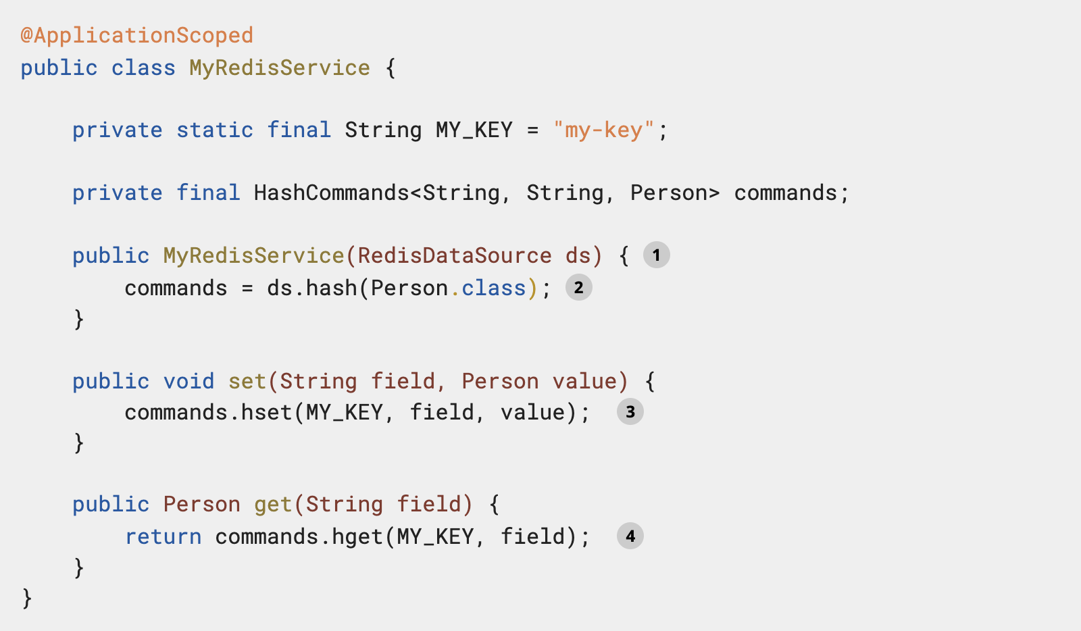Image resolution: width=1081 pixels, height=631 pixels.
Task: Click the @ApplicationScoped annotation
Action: pyautogui.click(x=136, y=35)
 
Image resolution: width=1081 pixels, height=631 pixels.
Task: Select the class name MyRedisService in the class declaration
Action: pyautogui.click(x=279, y=68)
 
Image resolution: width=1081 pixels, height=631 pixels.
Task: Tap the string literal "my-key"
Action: pyautogui.click(x=603, y=130)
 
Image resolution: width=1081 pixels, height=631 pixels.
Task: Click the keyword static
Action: pyautogui.click(x=215, y=130)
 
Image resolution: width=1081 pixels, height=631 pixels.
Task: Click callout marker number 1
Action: pyautogui.click(x=656, y=255)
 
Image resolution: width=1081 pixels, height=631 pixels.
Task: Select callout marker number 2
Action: pyautogui.click(x=578, y=288)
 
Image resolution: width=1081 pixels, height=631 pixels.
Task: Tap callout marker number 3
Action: pyautogui.click(x=630, y=412)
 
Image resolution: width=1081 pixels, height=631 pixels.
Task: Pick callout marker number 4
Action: pyautogui.click(x=630, y=536)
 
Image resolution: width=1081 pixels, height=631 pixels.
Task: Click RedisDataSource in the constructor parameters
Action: pyautogui.click(x=454, y=255)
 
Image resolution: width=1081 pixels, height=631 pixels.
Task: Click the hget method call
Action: pyautogui.click(x=357, y=536)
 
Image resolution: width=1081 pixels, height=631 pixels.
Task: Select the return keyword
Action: pyautogui.click(x=163, y=536)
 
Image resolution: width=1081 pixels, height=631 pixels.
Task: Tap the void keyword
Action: pyautogui.click(x=188, y=381)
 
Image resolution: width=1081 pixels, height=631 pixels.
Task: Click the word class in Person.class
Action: pyautogui.click(x=493, y=288)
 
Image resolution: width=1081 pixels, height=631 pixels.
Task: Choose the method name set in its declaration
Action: pyautogui.click(x=247, y=381)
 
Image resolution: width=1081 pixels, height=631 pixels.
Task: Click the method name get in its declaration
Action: pyautogui.click(x=272, y=504)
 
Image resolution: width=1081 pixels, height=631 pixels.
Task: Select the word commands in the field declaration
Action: pyautogui.click(x=785, y=193)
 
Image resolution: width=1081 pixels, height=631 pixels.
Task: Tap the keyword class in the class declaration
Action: pyautogui.click(x=143, y=68)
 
